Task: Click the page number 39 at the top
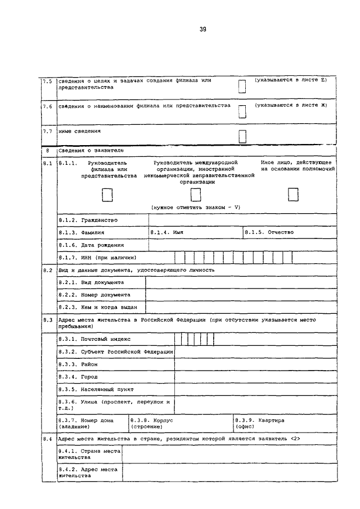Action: (202, 29)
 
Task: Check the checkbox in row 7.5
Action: (242, 86)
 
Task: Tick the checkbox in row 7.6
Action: (242, 111)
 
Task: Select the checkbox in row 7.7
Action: (242, 136)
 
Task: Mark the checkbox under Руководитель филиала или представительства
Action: (107, 195)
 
